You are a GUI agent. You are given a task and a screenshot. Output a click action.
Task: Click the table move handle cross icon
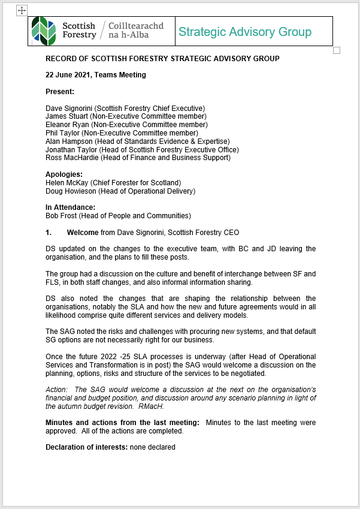tap(21, 10)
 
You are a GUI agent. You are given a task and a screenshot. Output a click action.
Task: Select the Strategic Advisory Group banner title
tap(244, 32)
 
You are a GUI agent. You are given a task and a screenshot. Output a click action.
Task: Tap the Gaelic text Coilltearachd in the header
tap(136, 26)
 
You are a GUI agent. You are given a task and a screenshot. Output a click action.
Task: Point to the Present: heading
tap(60, 92)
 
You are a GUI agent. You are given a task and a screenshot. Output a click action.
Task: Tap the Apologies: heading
tap(64, 174)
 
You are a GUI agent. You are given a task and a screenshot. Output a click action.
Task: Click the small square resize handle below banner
tap(337, 50)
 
